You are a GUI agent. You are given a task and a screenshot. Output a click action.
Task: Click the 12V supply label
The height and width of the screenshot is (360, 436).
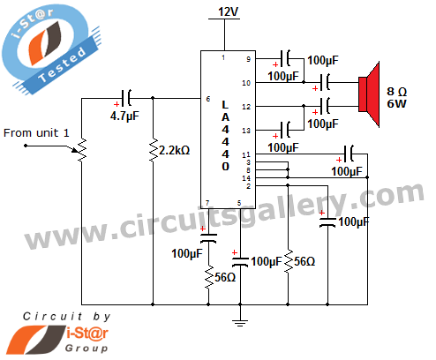tap(228, 11)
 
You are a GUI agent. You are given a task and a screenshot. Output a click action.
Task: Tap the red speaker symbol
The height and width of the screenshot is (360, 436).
tap(369, 94)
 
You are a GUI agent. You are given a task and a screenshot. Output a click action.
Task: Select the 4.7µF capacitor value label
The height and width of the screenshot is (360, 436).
tap(124, 116)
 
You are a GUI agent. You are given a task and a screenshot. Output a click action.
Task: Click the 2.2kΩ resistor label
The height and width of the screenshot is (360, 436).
tap(174, 150)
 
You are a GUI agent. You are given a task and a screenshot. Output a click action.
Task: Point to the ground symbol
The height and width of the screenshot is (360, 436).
tap(240, 323)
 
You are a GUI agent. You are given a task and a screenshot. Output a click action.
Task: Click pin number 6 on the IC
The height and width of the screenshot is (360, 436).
tap(208, 99)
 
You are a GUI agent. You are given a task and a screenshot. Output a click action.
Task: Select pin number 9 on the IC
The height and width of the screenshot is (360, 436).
tap(248, 59)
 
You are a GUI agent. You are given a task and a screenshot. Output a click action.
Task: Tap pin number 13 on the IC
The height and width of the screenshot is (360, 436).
tap(246, 131)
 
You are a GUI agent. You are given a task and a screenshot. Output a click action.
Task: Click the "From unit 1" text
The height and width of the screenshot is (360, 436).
tap(36, 133)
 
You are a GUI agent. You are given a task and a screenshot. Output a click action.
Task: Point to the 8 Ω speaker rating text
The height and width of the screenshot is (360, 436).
tap(396, 92)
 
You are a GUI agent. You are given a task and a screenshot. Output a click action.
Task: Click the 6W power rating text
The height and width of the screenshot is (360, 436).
tap(396, 104)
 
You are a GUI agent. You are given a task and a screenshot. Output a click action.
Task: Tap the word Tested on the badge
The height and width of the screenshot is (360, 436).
tap(63, 65)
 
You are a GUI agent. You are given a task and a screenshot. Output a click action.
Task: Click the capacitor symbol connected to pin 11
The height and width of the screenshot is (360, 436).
tap(349, 154)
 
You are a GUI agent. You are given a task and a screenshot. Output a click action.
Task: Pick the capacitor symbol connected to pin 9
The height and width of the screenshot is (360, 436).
tap(285, 58)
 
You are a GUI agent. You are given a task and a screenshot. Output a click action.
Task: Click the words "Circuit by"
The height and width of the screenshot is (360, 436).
tap(67, 317)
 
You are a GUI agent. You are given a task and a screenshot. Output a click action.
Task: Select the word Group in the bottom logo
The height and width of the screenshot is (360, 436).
tap(86, 349)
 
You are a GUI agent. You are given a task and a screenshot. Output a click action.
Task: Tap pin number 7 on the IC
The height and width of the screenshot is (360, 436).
tap(207, 203)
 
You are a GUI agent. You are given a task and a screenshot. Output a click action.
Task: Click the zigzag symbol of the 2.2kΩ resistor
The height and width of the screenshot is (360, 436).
tap(153, 150)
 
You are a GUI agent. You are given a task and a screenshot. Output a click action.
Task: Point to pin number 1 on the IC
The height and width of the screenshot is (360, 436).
tap(223, 57)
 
